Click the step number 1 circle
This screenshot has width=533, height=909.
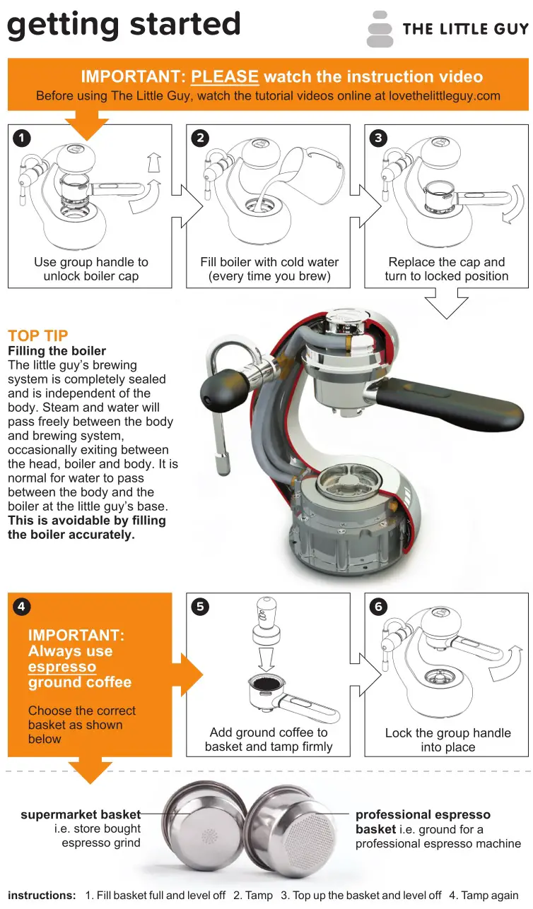[x=21, y=138]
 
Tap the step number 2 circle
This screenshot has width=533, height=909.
[x=200, y=138]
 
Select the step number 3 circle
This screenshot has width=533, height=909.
[x=378, y=138]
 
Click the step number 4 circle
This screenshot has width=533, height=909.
[x=21, y=606]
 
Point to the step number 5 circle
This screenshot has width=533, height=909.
[x=200, y=606]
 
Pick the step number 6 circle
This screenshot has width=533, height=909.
[x=378, y=606]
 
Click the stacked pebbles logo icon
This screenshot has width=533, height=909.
[x=380, y=29]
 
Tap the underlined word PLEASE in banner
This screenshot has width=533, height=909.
[x=225, y=77]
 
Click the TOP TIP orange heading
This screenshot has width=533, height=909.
[x=38, y=336]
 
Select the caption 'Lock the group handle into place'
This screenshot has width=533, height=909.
[x=447, y=739]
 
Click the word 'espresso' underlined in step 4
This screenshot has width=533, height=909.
[x=62, y=667]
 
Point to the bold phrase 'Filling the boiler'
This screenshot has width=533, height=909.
[x=57, y=351]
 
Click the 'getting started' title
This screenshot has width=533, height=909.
[x=124, y=25]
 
